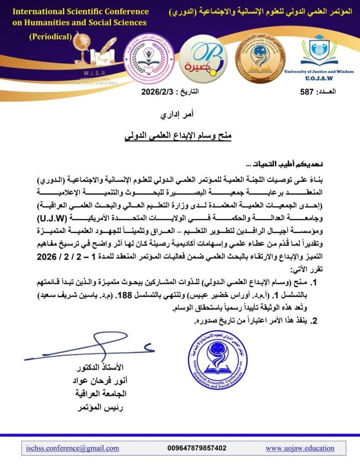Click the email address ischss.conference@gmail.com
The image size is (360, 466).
pyautogui.click(x=73, y=448)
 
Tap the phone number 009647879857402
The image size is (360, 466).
pyautogui.click(x=197, y=448)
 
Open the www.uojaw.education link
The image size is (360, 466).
pyautogui.click(x=300, y=448)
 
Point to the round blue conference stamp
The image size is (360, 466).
pyautogui.click(x=218, y=359)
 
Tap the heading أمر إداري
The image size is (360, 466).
pyautogui.click(x=179, y=116)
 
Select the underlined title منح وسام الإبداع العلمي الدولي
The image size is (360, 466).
pyautogui.click(x=178, y=136)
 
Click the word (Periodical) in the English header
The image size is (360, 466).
pyautogui.click(x=51, y=37)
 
